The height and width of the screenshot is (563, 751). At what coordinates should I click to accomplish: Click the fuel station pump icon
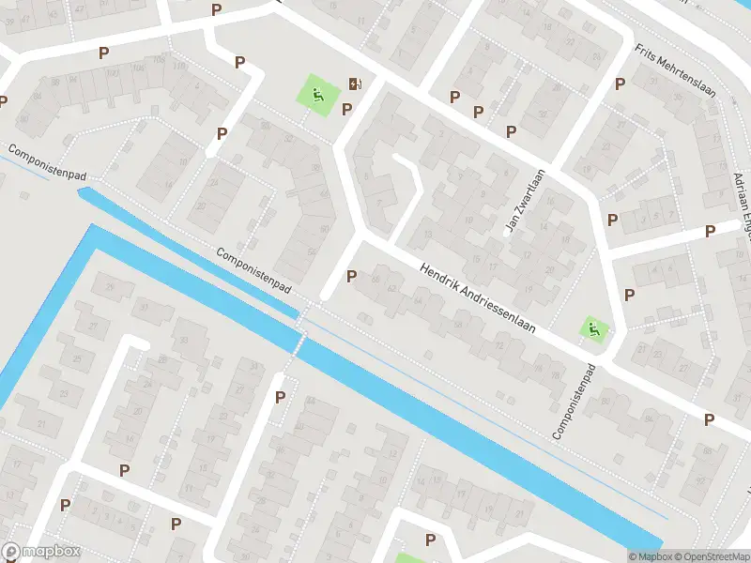(x=355, y=84)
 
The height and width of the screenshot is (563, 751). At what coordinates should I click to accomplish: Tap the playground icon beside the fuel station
(x=317, y=94)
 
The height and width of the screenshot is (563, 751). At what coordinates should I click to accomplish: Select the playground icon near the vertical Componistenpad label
(x=593, y=328)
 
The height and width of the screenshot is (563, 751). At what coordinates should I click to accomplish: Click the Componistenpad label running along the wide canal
(x=254, y=274)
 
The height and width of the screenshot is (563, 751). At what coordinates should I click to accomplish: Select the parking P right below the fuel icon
(x=346, y=109)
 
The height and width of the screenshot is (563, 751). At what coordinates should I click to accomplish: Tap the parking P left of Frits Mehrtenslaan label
(x=620, y=84)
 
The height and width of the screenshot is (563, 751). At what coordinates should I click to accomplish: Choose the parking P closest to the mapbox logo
(x=65, y=505)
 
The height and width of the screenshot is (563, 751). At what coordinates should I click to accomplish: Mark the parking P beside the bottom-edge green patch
(x=430, y=540)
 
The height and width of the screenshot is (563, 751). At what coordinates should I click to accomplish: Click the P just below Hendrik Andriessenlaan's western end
(x=351, y=276)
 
